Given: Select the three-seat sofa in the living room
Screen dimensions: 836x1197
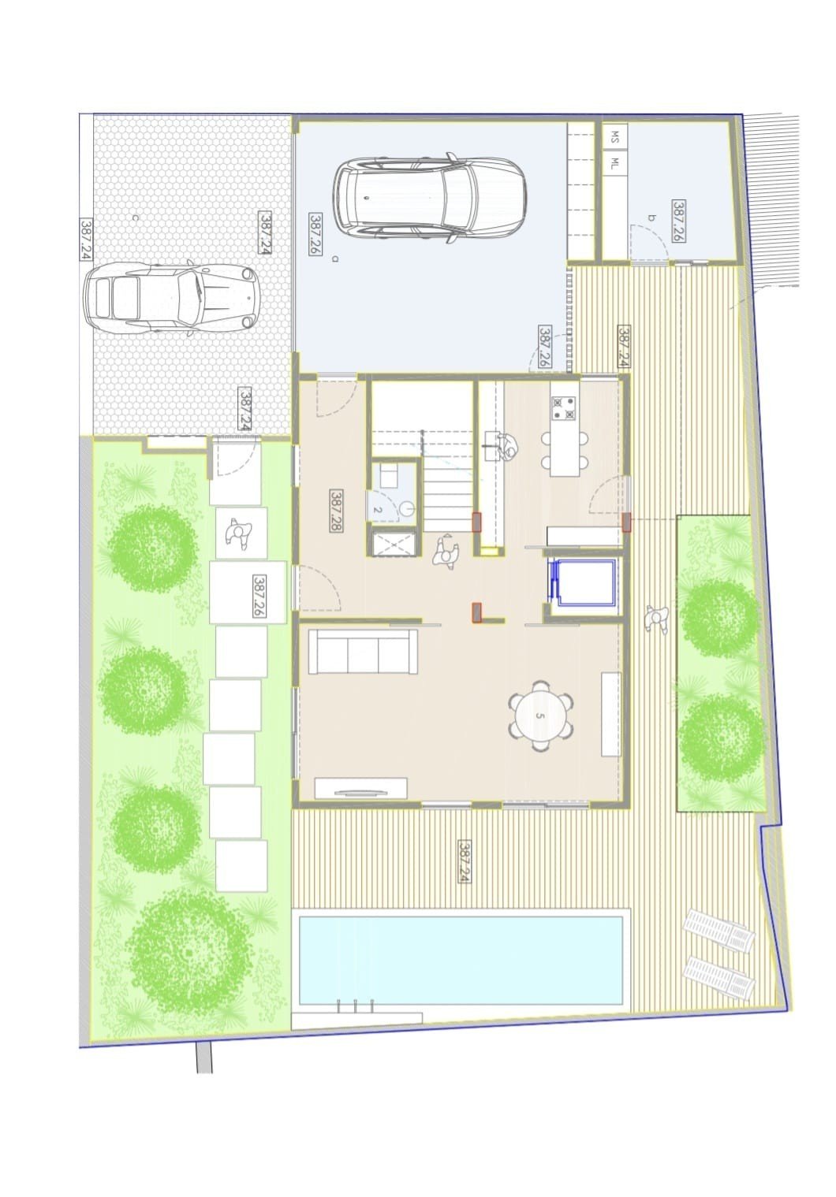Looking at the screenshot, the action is point(363,652).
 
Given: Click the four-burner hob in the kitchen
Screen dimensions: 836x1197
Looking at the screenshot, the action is point(565,407).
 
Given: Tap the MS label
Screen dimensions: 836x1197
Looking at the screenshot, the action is point(614,134).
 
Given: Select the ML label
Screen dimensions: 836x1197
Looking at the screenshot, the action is point(614,162).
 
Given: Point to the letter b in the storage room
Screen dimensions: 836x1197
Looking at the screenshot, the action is point(651,218).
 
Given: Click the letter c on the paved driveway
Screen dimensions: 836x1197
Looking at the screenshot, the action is point(136,217).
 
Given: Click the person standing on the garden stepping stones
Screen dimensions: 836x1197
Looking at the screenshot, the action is point(239,533).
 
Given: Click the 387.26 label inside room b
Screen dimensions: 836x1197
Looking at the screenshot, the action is point(679,221).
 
